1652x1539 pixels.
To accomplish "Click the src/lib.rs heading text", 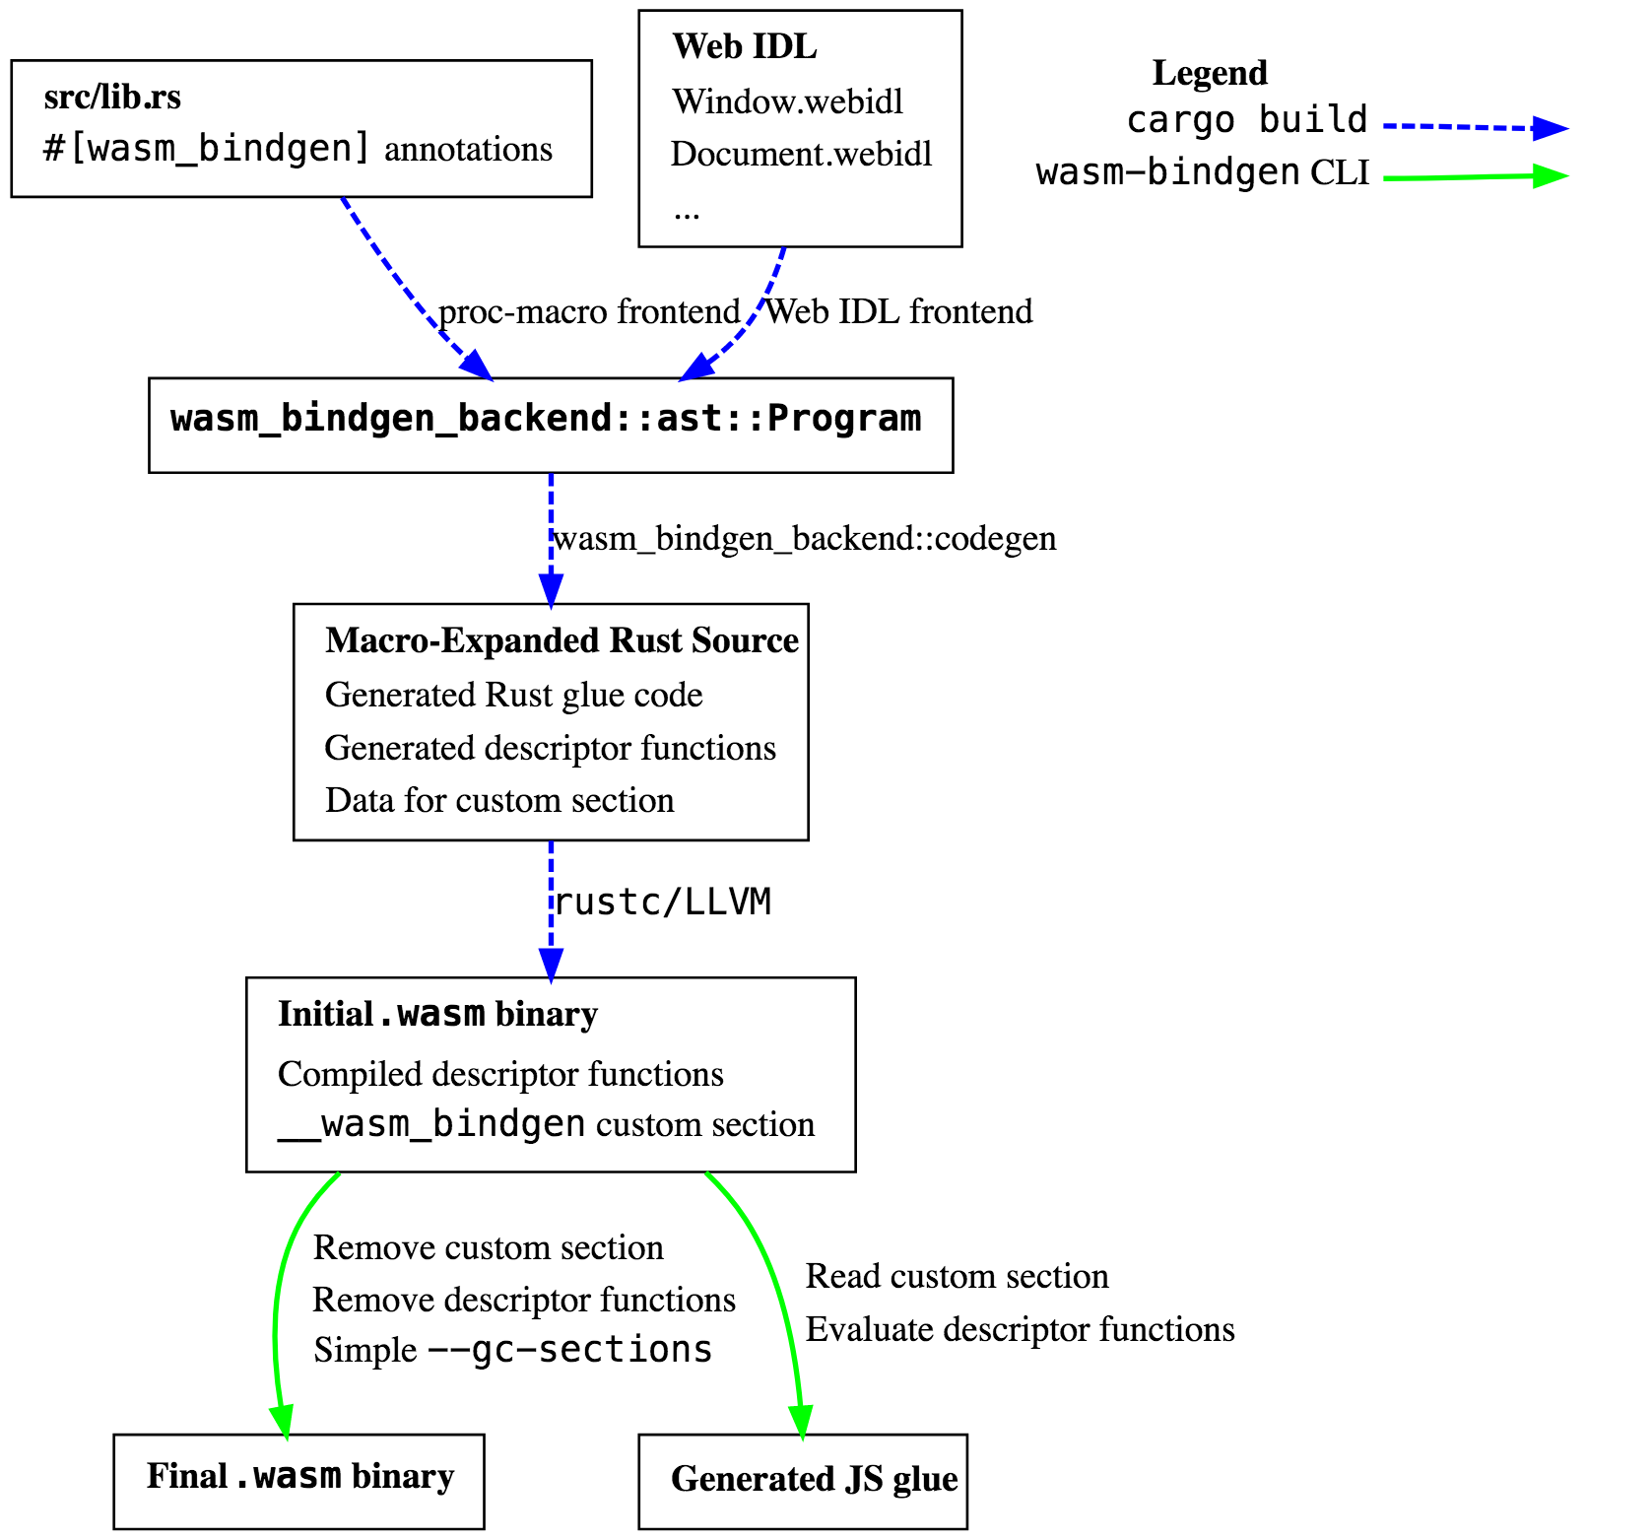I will pos(112,98).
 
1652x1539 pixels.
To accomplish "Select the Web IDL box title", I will pos(744,46).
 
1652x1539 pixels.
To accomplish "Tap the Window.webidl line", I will pos(787,101).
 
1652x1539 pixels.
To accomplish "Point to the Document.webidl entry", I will pos(801,155).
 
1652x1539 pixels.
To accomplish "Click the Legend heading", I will pos(1209,73).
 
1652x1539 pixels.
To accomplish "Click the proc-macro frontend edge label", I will pos(589,311).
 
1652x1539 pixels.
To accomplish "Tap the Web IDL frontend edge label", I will pos(899,311).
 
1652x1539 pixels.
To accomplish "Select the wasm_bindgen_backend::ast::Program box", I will pos(550,424).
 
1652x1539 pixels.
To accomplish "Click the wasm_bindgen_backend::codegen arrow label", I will pos(805,539).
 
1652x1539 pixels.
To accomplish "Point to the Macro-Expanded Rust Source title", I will pos(562,640).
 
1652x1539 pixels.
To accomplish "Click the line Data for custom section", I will pos(499,800).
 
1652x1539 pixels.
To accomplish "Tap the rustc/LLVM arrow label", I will pos(662,902).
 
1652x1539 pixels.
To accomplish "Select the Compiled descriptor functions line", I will pos(500,1074).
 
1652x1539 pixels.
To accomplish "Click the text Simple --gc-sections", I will pos(512,1350).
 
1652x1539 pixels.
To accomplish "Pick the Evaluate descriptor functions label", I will pos(1020,1329).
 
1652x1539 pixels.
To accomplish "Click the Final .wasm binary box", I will pos(298,1480).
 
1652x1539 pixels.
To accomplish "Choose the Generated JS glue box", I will pos(803,1482).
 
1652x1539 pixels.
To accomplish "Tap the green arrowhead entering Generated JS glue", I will pos(802,1422).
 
